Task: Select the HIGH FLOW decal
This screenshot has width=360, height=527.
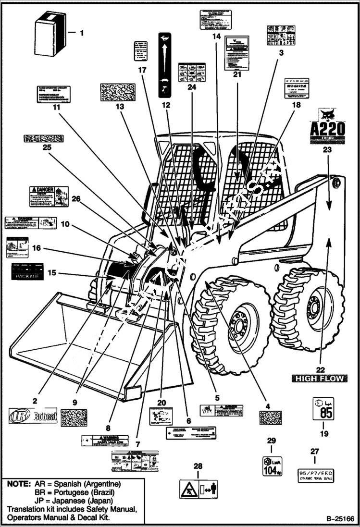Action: (x=320, y=379)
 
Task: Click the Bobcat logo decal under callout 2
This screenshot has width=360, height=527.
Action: (x=33, y=417)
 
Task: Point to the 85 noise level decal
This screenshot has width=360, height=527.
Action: (x=323, y=409)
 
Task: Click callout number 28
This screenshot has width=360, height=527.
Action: (x=199, y=466)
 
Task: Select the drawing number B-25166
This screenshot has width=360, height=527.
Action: (x=339, y=519)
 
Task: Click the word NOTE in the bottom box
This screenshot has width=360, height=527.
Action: (x=18, y=484)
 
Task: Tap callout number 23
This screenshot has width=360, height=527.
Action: (x=327, y=149)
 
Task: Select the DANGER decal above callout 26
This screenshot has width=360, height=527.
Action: (x=49, y=196)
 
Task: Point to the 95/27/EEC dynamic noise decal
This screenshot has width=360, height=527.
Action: (x=315, y=476)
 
